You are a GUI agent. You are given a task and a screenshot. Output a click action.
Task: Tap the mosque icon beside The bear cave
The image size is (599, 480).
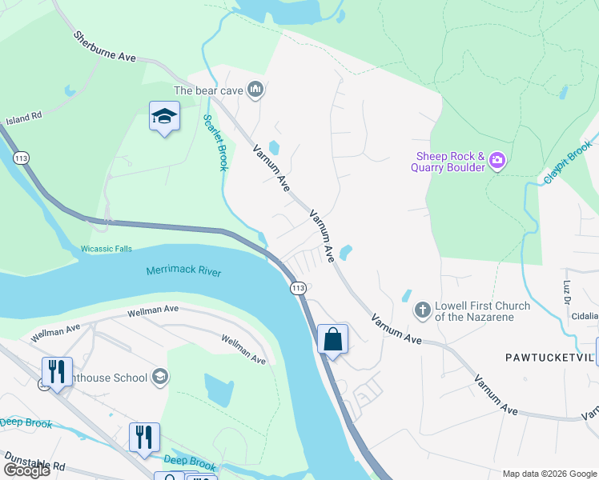tap(255, 89)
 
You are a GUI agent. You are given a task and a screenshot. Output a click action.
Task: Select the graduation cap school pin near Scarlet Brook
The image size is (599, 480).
tap(164, 118)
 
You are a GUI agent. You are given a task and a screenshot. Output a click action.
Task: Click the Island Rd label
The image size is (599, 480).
tap(23, 119)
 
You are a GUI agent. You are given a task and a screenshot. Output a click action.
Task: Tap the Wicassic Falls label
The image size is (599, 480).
tap(107, 249)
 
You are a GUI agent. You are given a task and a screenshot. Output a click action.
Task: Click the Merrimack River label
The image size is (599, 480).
tap(183, 271)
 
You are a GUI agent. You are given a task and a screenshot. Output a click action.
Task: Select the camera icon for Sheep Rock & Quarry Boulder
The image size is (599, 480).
tap(497, 161)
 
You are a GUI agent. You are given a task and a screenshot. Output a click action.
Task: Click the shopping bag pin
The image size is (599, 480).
tap(333, 340)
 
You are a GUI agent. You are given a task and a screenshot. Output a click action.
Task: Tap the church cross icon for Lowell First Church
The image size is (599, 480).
tap(422, 310)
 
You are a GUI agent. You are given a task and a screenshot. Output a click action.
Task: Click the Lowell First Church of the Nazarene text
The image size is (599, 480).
tap(482, 311)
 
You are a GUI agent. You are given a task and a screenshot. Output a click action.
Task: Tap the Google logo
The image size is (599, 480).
tap(26, 470)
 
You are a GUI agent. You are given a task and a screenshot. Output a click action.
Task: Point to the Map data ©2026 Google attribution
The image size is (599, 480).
tap(549, 474)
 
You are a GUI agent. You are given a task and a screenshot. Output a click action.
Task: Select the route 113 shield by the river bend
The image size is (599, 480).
tap(298, 287)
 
